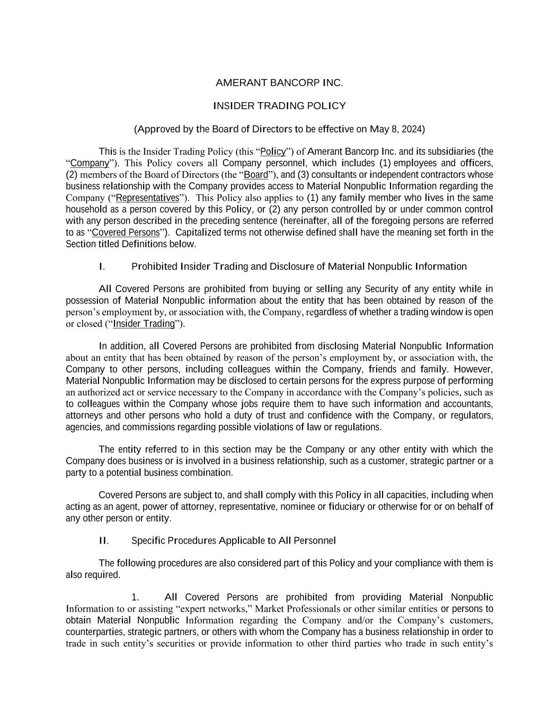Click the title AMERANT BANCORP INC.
[279, 83]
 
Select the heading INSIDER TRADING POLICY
[279, 106]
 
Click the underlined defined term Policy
[273, 151]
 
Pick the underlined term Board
[256, 175]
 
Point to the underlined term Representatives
[147, 198]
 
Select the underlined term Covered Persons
[126, 233]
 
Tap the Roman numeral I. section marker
[101, 266]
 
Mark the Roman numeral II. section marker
[103, 541]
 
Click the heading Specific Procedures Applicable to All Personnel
[233, 541]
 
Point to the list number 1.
[135, 597]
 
